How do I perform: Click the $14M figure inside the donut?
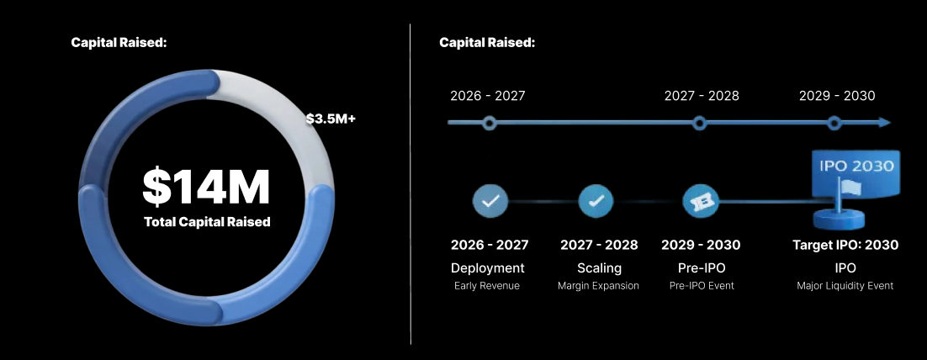[206, 187]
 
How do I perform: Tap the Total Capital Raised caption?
[207, 222]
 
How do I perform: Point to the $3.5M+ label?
[331, 119]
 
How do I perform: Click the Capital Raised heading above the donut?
[119, 42]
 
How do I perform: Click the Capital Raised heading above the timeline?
[487, 42]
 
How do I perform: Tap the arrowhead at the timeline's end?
[883, 123]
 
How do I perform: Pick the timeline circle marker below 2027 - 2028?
[699, 123]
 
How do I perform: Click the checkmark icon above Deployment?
[490, 201]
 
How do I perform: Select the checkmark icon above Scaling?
[596, 201]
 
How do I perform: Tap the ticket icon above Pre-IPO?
[700, 202]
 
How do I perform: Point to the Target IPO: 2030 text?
[845, 245]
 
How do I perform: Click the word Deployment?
[488, 268]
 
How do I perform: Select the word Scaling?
[599, 268]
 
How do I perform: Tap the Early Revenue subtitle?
[487, 286]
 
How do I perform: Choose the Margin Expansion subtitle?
[598, 286]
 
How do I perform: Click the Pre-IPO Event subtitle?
[702, 286]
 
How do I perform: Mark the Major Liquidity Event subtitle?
[845, 286]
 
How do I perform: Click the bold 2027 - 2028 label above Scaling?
[599, 245]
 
